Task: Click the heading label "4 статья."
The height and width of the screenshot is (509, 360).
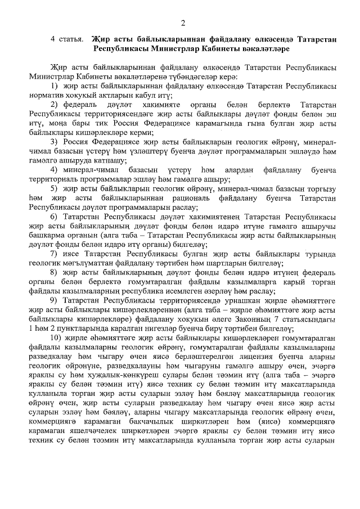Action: click(66, 39)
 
